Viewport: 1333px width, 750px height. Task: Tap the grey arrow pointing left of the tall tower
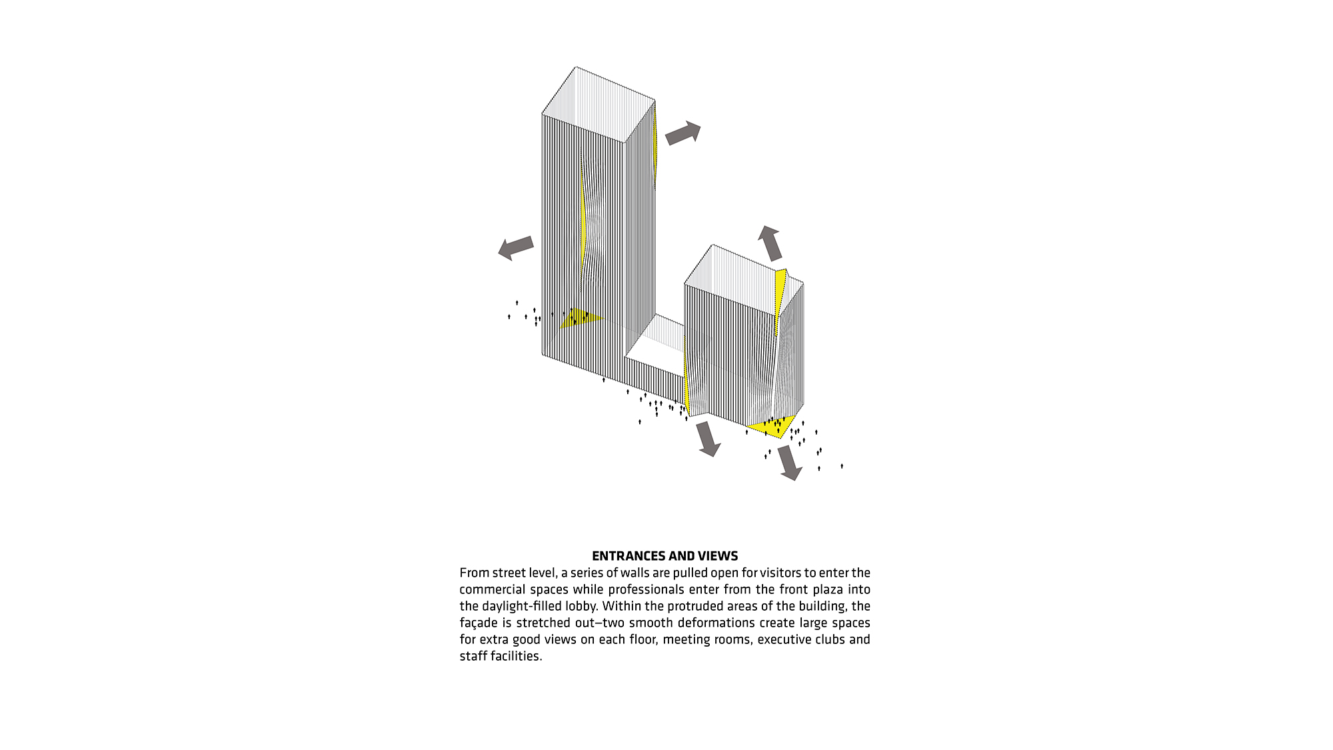[516, 248]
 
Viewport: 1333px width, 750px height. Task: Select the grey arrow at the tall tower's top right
[683, 133]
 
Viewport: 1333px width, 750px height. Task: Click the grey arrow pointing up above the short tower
[770, 243]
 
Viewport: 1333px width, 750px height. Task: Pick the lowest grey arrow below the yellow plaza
[790, 462]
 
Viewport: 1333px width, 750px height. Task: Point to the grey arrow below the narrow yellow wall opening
[707, 439]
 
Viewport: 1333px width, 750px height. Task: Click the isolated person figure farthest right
[842, 466]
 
